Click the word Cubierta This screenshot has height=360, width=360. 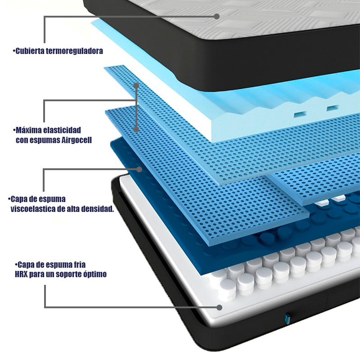[29, 51]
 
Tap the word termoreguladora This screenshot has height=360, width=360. [74, 51]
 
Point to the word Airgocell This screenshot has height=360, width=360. [76, 140]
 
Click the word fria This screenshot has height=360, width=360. [80, 265]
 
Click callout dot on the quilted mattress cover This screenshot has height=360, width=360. [216, 16]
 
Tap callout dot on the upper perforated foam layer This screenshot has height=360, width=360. [136, 85]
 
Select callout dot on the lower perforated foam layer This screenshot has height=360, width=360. [136, 129]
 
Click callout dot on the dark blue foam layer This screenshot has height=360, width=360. [139, 170]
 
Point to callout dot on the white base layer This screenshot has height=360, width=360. [219, 307]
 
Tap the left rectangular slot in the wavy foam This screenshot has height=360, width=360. [300, 114]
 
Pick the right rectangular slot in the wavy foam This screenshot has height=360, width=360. [333, 108]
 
